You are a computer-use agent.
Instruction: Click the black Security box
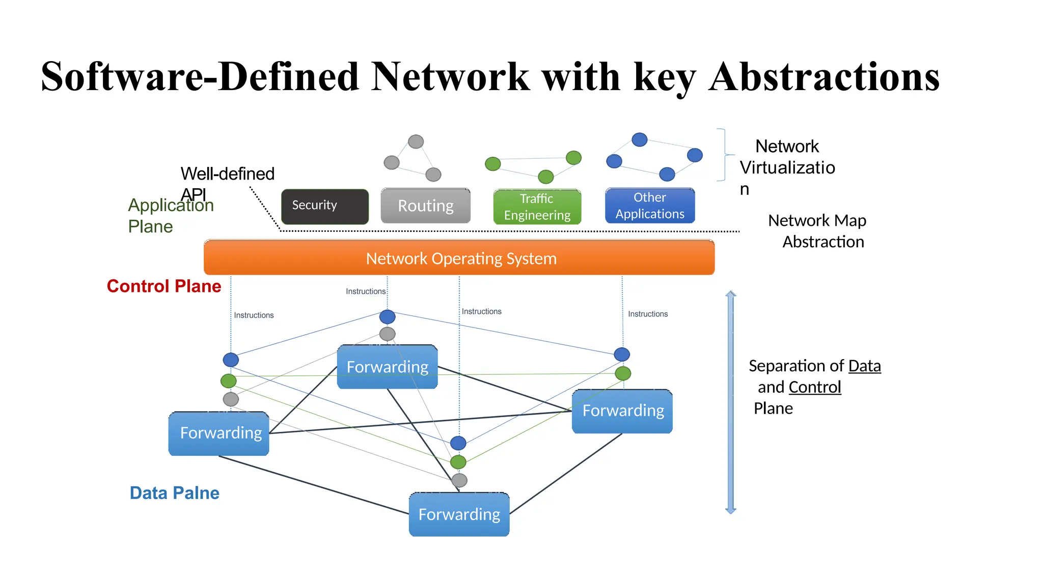(324, 206)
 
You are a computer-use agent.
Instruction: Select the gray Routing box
(425, 206)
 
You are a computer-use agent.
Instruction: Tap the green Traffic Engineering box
(537, 207)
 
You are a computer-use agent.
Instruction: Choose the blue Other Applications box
(649, 206)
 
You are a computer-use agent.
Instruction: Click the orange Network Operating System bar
(459, 258)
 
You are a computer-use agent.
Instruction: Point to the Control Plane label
(163, 286)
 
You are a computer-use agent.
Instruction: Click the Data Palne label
(174, 493)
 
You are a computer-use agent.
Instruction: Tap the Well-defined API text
(227, 174)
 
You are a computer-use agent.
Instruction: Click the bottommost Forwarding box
(459, 514)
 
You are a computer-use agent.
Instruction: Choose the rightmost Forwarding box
(622, 411)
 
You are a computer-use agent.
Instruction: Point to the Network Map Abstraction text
(817, 231)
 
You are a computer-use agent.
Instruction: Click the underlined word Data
(864, 366)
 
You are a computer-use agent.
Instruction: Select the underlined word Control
(814, 388)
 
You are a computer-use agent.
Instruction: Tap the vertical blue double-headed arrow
(730, 402)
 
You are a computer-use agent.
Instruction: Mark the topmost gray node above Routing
(416, 141)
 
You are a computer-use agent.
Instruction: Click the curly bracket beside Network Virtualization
(724, 155)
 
